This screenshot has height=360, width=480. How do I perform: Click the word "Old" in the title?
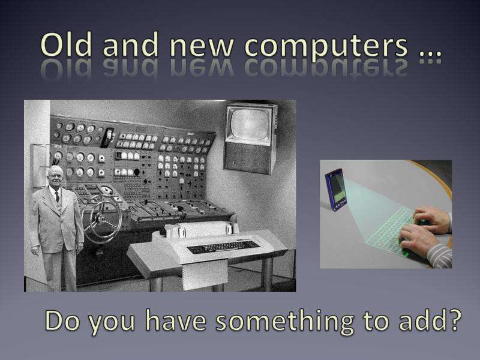[66, 44]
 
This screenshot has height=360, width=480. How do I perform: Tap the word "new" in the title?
[202, 49]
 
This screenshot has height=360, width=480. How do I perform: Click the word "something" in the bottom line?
[284, 322]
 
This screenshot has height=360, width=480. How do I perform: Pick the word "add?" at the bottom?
[430, 320]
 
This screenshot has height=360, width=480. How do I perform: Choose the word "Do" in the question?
[62, 320]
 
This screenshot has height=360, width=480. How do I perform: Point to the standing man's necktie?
[57, 197]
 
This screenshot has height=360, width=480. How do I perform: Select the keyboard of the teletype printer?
[223, 247]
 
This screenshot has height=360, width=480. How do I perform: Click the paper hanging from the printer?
[204, 274]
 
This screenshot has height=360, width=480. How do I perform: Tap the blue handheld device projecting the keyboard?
[336, 190]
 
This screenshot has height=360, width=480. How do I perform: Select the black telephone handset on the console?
[107, 138]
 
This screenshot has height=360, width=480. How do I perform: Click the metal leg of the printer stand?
[266, 274]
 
